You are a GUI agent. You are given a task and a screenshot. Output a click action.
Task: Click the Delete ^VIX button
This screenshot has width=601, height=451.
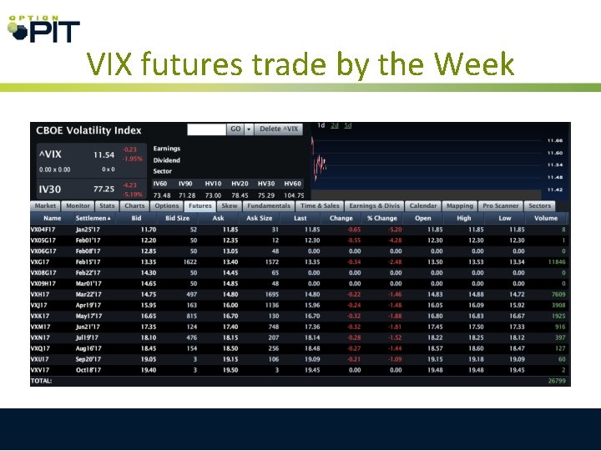[279, 129]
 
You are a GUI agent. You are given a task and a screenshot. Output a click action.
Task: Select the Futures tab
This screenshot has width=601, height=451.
[199, 205]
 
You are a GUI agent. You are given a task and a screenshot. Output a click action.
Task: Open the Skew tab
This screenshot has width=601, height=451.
[229, 205]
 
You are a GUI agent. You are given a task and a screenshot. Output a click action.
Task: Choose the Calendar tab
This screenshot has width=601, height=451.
[423, 205]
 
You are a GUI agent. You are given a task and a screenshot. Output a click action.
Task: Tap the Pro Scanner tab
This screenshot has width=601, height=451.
[501, 205]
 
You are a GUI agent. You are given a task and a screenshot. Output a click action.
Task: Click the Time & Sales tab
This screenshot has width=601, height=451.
[320, 205]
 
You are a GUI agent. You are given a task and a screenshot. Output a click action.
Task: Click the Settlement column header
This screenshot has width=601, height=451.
[93, 218]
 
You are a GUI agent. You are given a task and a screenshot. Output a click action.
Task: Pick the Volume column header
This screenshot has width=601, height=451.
[546, 218]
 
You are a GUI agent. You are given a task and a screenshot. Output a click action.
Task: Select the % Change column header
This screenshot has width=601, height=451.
[381, 218]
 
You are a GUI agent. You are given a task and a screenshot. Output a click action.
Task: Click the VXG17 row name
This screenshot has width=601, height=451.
[42, 261]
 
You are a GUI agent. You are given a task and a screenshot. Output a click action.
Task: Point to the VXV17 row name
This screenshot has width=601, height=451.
[42, 370]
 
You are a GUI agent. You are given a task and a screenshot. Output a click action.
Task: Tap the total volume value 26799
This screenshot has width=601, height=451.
[555, 381]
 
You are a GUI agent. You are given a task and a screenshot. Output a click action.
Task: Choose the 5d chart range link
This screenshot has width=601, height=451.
[347, 126]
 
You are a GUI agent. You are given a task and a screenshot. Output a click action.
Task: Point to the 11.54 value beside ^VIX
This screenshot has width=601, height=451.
[104, 155]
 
